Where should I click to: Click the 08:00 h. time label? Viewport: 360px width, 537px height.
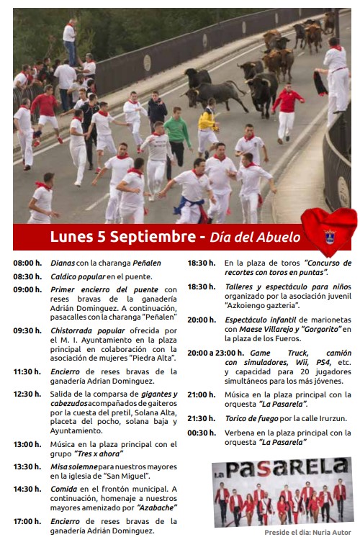27,263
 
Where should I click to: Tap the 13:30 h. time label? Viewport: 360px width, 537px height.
27,466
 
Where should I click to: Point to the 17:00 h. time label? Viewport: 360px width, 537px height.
27,521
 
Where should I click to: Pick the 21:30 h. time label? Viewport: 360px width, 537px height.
201,418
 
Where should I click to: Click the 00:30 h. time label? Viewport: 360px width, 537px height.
201,433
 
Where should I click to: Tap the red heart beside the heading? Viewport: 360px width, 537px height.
328,233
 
